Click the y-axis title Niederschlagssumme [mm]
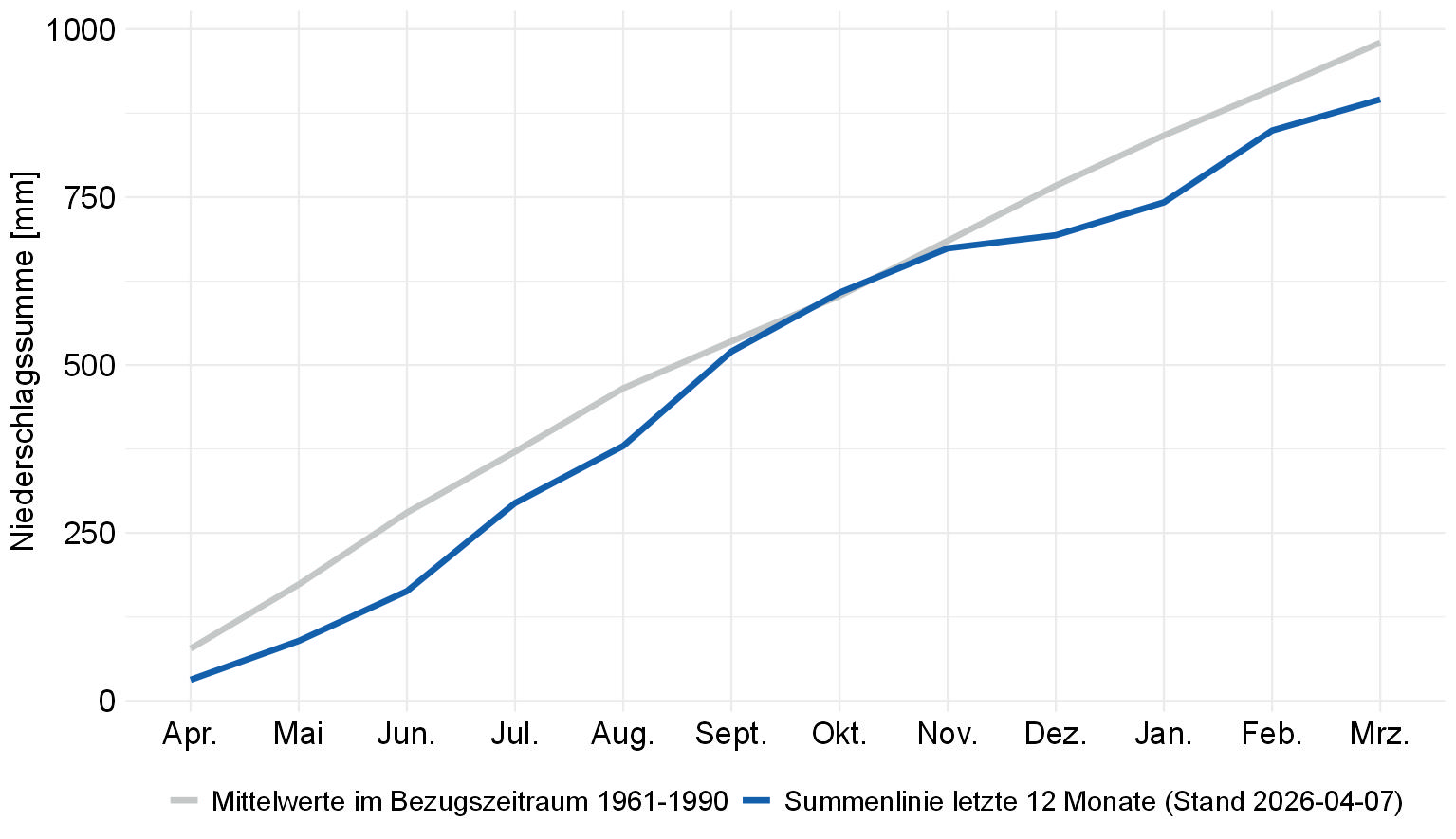(x=23, y=361)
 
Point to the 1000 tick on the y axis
(x=81, y=30)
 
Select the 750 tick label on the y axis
(x=89, y=198)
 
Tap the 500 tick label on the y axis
(x=89, y=366)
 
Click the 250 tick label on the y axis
(x=89, y=534)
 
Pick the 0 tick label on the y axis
(x=106, y=702)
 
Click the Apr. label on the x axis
(x=191, y=735)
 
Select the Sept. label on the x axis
(x=730, y=735)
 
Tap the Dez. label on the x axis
(x=1055, y=735)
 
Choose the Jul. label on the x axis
(x=514, y=735)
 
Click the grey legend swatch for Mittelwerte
(x=184, y=801)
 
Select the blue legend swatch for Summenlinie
(x=757, y=801)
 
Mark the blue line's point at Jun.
(x=407, y=591)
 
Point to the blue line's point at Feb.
(x=1271, y=131)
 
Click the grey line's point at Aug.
(x=623, y=388)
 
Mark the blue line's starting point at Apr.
(x=192, y=679)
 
